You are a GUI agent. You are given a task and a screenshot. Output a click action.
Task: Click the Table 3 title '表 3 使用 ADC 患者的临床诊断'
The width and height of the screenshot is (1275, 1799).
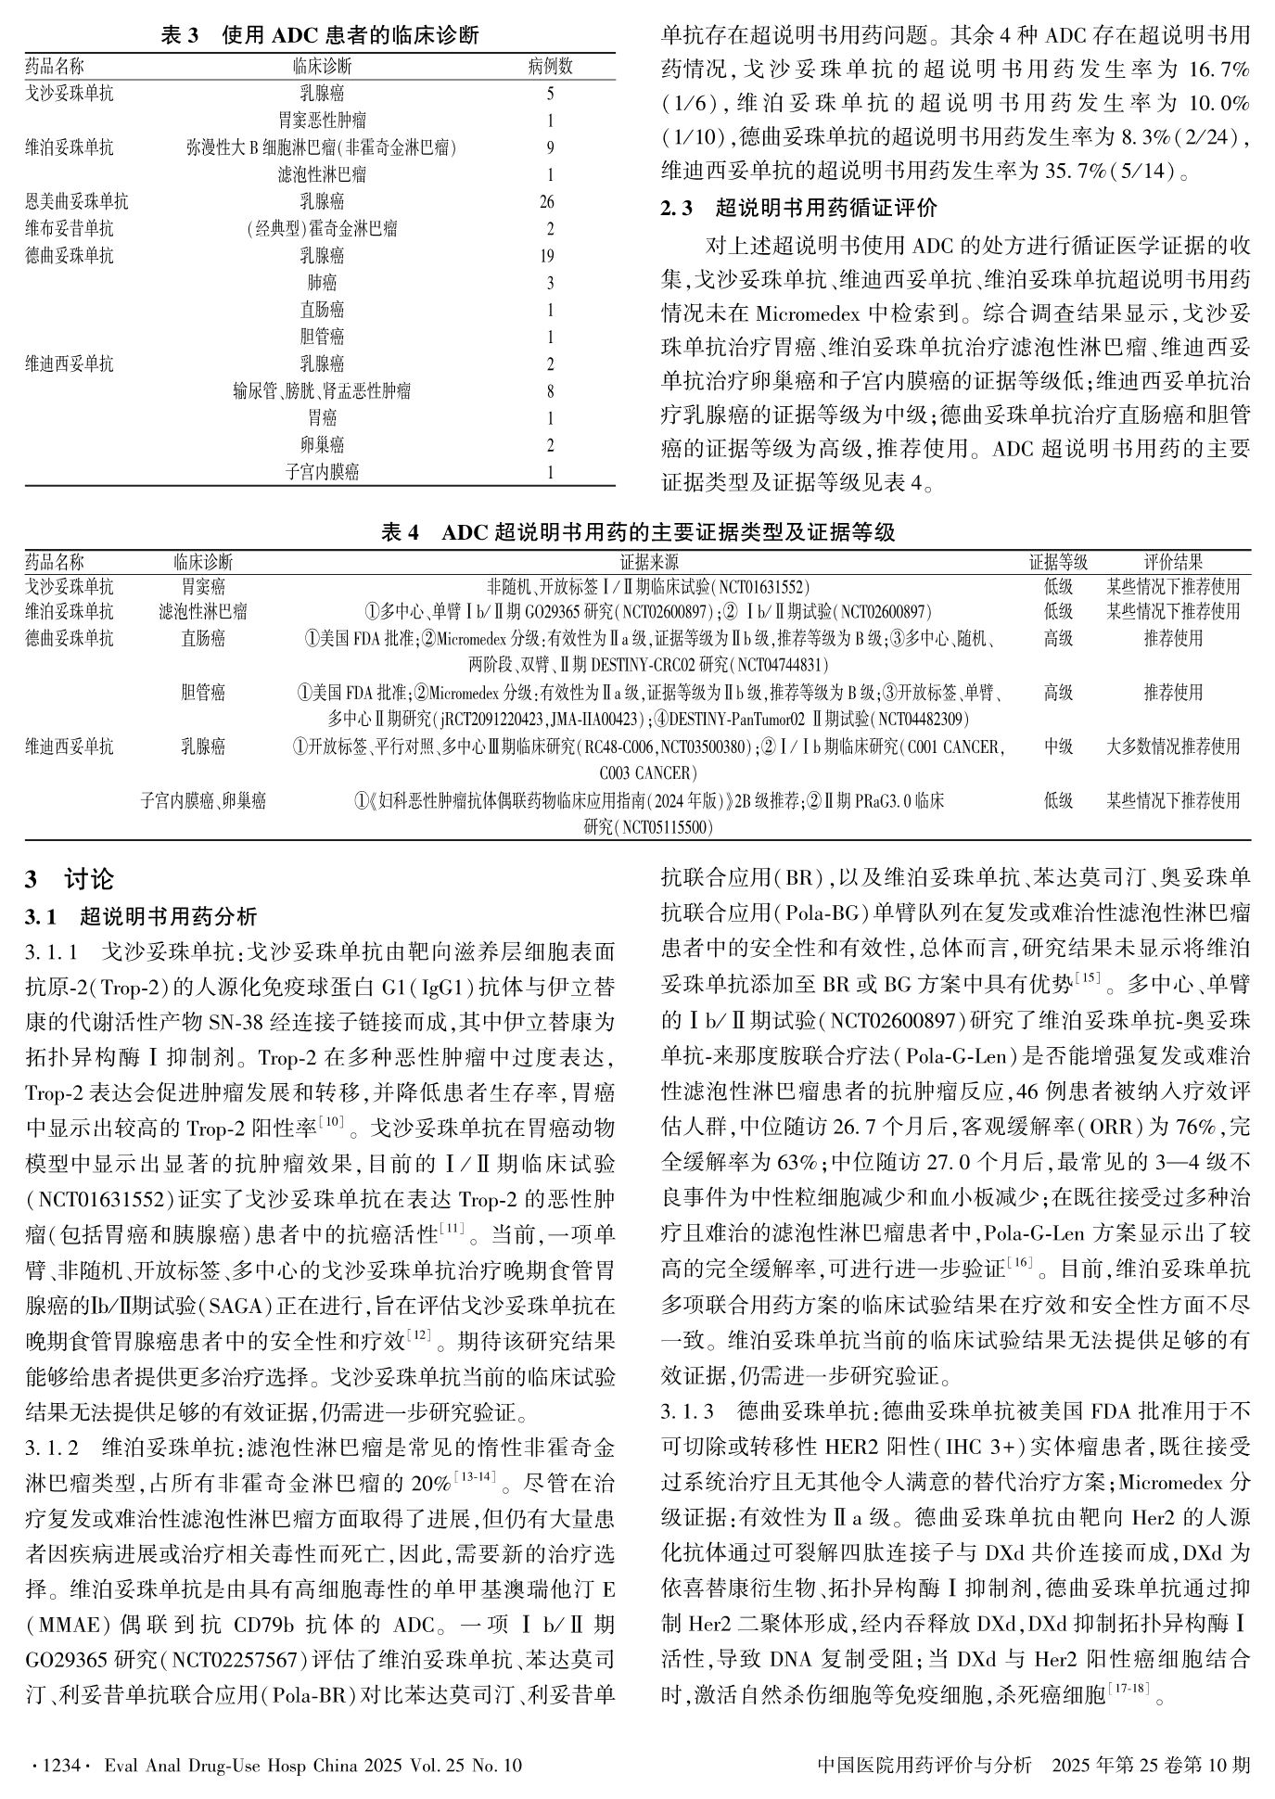pos(320,36)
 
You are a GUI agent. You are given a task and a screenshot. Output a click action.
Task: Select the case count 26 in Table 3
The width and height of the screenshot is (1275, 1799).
pos(549,202)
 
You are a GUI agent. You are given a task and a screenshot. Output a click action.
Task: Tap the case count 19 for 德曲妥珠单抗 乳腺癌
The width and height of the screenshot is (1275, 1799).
pos(549,256)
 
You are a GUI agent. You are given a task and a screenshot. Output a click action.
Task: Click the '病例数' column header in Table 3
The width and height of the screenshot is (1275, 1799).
pos(550,67)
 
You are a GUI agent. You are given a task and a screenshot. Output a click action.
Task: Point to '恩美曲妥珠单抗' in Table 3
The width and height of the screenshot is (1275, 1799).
pos(77,202)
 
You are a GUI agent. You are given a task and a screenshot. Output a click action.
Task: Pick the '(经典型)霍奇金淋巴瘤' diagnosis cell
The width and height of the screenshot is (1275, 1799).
pos(322,229)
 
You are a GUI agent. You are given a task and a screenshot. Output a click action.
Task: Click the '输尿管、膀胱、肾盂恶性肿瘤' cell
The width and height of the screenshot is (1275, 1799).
pos(322,391)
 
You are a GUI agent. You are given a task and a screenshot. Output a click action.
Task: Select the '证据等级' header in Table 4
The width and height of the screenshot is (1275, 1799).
pos(1058,562)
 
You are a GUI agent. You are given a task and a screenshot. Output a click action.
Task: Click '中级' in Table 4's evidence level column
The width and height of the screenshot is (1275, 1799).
pos(1058,746)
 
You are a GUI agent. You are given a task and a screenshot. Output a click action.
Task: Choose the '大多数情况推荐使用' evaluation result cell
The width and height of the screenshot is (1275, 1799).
pos(1173,746)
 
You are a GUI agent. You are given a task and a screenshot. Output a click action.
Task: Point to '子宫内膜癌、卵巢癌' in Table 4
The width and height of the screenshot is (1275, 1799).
pos(203,801)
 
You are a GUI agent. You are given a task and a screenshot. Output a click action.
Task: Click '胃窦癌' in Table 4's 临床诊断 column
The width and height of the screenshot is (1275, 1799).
pos(203,587)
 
